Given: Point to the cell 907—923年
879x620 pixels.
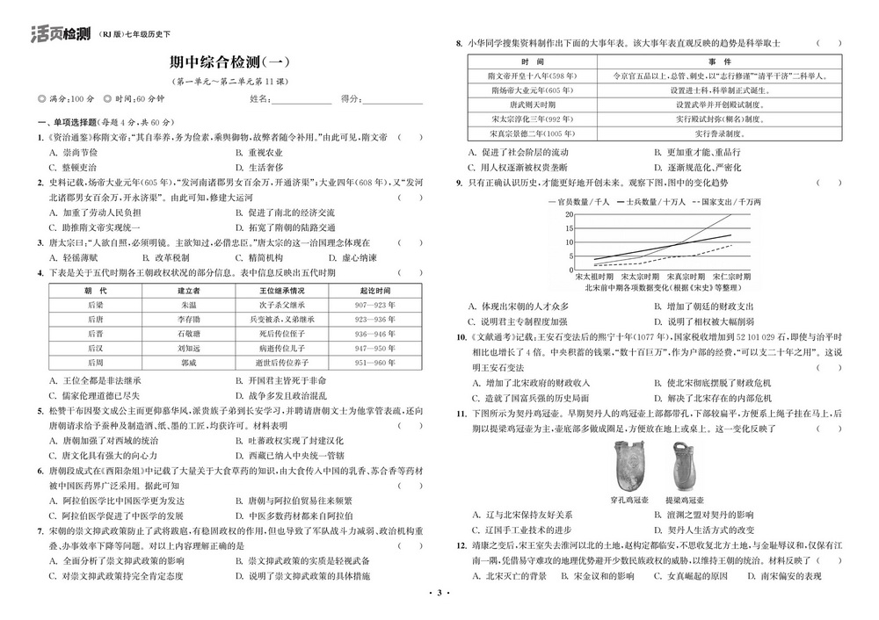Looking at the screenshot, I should pyautogui.click(x=374, y=305).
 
